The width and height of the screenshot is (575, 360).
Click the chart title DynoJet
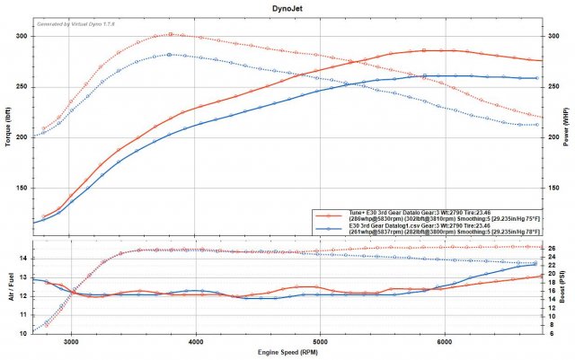point(287,6)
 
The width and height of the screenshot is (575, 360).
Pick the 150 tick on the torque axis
point(21,189)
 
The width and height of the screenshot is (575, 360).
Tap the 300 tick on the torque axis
point(21,36)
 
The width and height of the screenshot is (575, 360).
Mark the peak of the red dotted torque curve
point(171,34)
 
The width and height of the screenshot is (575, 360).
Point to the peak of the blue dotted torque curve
point(170,55)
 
